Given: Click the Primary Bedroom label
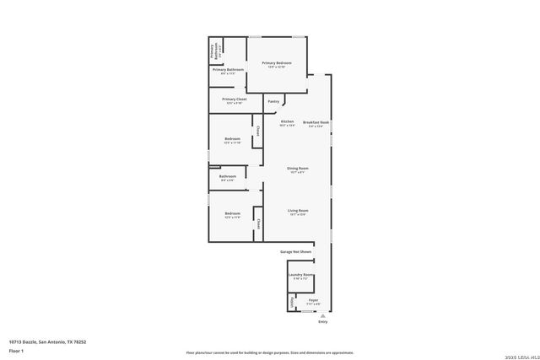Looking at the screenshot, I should (x=277, y=63).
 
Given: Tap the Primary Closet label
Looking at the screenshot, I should (x=235, y=99).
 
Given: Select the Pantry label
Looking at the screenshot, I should (x=273, y=101).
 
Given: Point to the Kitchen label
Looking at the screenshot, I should (x=287, y=122).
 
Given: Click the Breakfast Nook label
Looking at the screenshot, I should (x=316, y=122).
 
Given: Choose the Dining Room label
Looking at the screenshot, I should (x=297, y=168).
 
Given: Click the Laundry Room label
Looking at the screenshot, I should (x=301, y=275).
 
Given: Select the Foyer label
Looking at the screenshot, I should (x=313, y=299).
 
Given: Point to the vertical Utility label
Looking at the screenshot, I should (x=293, y=302).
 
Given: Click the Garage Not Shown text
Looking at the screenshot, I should (x=296, y=251).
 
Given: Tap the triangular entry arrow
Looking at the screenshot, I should (x=322, y=315).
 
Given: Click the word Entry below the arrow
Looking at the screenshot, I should (x=322, y=322).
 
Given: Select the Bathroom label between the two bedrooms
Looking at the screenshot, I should (x=228, y=176).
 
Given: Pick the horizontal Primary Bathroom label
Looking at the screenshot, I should (x=228, y=69).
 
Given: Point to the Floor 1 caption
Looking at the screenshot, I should (x=16, y=350).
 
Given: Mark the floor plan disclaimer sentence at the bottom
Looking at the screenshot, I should (x=270, y=352).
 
